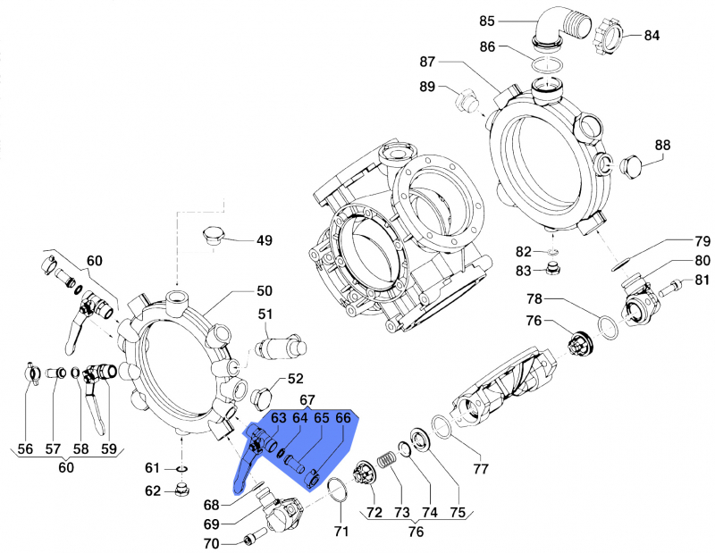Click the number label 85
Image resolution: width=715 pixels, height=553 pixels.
coord(511,21)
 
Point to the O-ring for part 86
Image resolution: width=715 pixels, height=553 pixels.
coord(547,64)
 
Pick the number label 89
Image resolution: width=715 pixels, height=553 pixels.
coord(427,87)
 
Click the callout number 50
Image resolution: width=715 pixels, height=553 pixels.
coord(264,291)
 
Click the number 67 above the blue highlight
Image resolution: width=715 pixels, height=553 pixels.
coord(307,399)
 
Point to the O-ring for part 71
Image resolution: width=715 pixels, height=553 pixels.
coord(337,489)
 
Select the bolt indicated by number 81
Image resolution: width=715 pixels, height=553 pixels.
coord(670,287)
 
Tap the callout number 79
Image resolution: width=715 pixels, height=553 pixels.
coord(702,241)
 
